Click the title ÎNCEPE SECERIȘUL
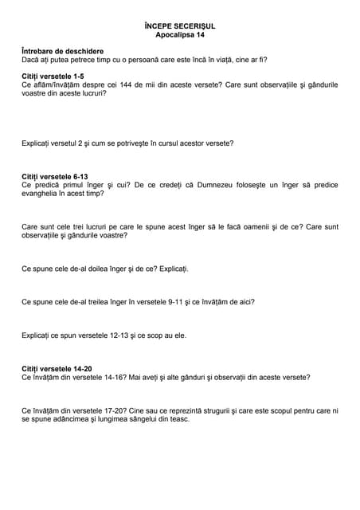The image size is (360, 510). pos(180,26)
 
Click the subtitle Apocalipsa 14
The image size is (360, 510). pos(180,36)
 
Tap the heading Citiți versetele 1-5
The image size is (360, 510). pos(52,75)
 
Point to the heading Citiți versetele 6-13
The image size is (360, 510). pos(54,175)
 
